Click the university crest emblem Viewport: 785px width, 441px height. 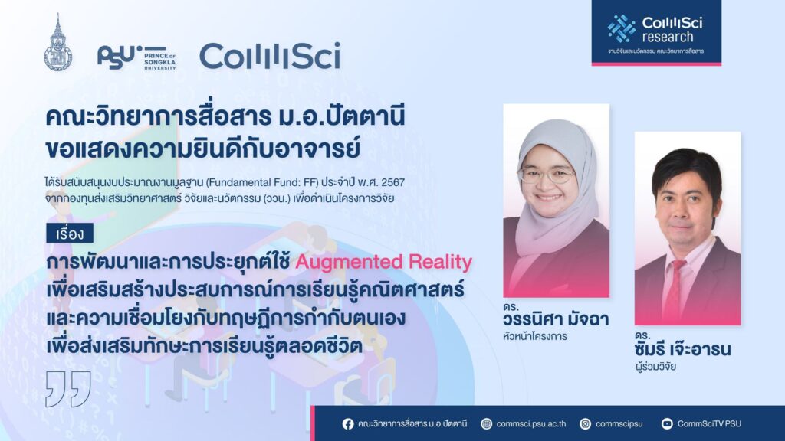click(x=58, y=44)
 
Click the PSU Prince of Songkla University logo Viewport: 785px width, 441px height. click(x=136, y=57)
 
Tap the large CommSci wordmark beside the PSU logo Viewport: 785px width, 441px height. click(x=270, y=55)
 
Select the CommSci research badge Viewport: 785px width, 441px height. click(x=656, y=32)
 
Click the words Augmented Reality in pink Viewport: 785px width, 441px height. click(x=383, y=262)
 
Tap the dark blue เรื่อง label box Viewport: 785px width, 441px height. click(x=70, y=234)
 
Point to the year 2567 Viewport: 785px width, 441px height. click(x=392, y=182)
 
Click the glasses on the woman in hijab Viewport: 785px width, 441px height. click(x=547, y=175)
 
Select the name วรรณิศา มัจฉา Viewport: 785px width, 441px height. click(x=556, y=319)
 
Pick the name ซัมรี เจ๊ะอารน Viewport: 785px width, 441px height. click(x=683, y=348)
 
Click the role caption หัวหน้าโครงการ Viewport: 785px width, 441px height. click(x=534, y=337)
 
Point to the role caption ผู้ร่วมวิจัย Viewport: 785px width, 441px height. click(x=655, y=367)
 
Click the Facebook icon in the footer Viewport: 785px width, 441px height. click(x=348, y=424)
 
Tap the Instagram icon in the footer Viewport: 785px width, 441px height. click(x=585, y=424)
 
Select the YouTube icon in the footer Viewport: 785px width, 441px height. click(x=667, y=424)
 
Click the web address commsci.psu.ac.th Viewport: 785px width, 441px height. click(x=530, y=424)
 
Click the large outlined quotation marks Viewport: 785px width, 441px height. click(x=68, y=388)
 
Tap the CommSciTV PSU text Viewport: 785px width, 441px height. click(x=709, y=424)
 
